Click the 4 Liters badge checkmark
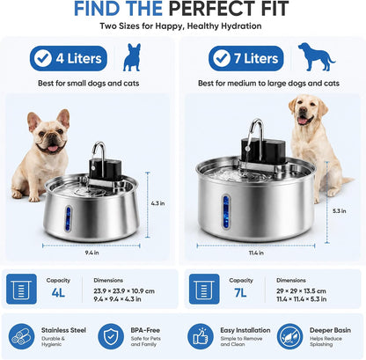click(43, 58)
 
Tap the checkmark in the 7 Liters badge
click(222, 58)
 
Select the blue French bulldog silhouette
click(132, 57)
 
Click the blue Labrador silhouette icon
click(316, 56)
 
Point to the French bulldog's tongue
click(53, 148)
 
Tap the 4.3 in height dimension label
click(157, 203)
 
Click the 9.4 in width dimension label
click(91, 253)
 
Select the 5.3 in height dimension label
click(340, 210)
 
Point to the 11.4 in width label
click(256, 253)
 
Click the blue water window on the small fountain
click(69, 219)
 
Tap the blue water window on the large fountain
click(226, 211)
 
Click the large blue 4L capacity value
click(58, 292)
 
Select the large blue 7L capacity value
click(240, 292)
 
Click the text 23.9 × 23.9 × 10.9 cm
click(124, 291)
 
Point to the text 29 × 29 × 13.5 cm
click(301, 291)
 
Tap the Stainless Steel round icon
click(21, 336)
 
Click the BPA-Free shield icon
click(111, 336)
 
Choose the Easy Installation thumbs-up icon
click(201, 336)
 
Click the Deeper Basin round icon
click(289, 336)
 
